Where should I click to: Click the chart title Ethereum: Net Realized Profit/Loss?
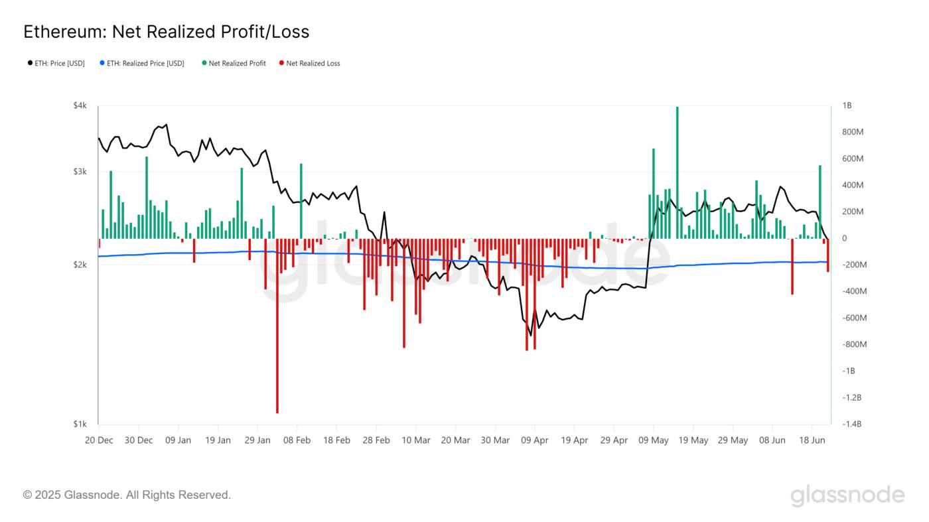166,31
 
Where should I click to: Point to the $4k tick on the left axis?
80,106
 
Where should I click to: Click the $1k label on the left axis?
80,424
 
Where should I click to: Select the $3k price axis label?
80,172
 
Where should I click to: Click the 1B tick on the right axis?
847,106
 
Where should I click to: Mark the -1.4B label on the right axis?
851,424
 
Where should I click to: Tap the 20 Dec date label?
99,440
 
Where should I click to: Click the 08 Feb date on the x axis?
297,440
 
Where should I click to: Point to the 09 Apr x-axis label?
535,440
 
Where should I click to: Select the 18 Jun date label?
812,440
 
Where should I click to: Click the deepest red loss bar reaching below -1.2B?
277,332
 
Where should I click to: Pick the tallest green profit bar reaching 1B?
677,172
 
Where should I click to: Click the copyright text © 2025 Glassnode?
127,495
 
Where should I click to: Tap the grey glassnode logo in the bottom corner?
847,495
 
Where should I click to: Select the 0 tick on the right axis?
845,239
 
